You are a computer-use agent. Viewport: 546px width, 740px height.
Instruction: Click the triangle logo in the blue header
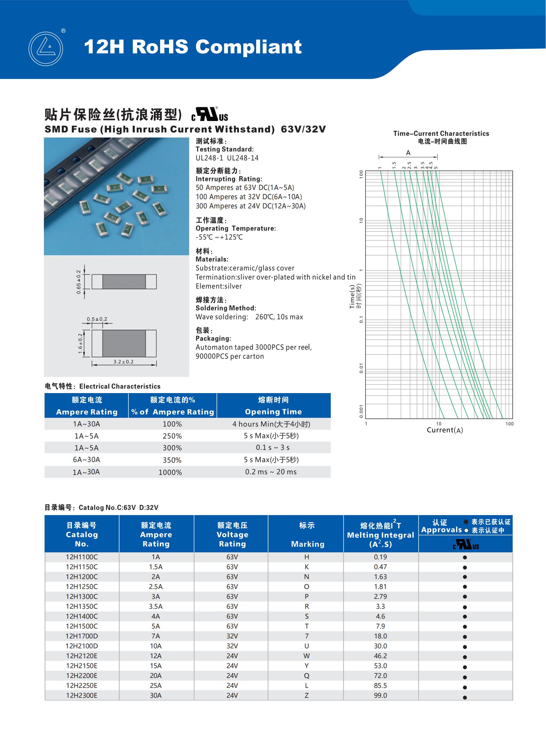click(x=46, y=48)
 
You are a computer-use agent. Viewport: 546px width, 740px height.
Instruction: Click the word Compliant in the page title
click(x=248, y=47)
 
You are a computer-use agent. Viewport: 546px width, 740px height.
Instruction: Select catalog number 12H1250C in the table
click(x=82, y=586)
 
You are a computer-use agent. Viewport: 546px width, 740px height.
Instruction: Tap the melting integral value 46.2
click(x=380, y=656)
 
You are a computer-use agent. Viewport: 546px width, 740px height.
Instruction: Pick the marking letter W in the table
click(x=306, y=656)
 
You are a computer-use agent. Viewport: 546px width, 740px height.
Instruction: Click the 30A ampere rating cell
click(x=156, y=695)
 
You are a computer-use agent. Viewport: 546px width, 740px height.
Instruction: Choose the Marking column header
click(x=307, y=544)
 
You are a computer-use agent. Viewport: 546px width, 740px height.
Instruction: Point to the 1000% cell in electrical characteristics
click(x=170, y=472)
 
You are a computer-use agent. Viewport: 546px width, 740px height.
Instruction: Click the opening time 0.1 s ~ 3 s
click(x=273, y=447)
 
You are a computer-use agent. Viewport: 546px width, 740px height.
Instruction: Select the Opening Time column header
click(x=273, y=412)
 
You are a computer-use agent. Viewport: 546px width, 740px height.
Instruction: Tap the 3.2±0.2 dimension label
click(x=123, y=361)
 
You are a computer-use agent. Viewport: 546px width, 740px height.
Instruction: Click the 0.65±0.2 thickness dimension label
click(x=79, y=282)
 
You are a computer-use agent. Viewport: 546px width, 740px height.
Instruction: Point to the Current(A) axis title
click(x=445, y=430)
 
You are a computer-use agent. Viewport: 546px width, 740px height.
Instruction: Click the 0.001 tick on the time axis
click(x=361, y=412)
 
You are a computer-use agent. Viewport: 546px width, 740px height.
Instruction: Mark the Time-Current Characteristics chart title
click(x=441, y=134)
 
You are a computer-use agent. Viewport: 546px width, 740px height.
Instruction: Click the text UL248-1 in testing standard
click(x=210, y=158)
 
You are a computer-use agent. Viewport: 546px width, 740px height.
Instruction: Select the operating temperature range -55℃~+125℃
click(x=219, y=237)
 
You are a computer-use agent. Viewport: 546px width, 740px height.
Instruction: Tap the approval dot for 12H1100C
click(x=465, y=557)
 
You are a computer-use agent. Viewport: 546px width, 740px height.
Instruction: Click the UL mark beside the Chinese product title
click(x=210, y=115)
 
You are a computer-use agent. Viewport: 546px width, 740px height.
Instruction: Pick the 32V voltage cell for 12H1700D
click(x=232, y=636)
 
